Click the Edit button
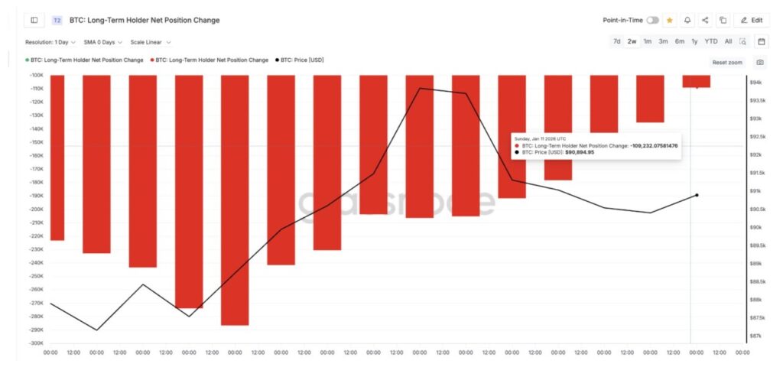(752, 20)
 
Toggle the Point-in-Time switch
(652, 20)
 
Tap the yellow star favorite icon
(670, 20)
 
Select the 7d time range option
(616, 41)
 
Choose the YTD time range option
(711, 41)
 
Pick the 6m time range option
(679, 41)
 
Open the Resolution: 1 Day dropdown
(50, 42)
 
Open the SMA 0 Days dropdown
(103, 42)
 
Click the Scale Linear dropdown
(151, 42)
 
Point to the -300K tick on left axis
(35, 343)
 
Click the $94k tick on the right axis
(755, 83)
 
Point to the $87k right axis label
(755, 336)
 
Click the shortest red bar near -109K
(696, 81)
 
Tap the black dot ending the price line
(697, 195)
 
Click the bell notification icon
(687, 20)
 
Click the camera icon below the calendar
(760, 62)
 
